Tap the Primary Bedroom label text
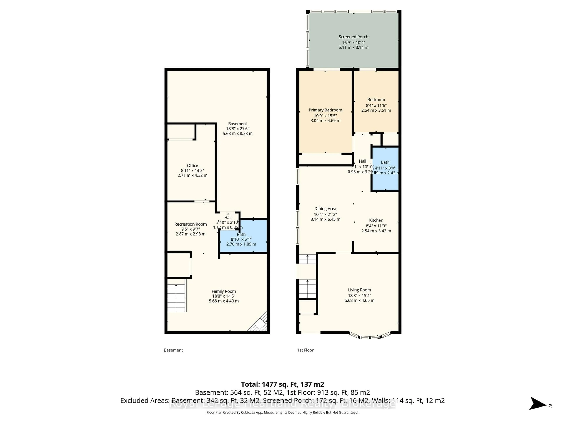tap(325, 110)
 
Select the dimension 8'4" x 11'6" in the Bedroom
tap(376, 105)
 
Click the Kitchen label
tap(376, 220)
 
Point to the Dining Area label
tap(325, 209)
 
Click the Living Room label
tap(359, 290)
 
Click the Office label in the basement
tap(192, 165)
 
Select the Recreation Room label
tap(191, 224)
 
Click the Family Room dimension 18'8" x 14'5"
tap(224, 296)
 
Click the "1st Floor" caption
tap(305, 350)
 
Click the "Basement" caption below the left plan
tap(173, 350)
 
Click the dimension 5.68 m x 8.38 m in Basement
tap(237, 133)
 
